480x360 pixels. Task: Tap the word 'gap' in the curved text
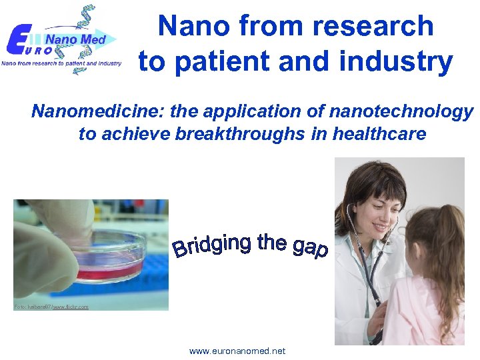pos(310,247)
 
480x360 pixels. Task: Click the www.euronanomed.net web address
pos(237,351)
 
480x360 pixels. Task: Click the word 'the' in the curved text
pos(272,241)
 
